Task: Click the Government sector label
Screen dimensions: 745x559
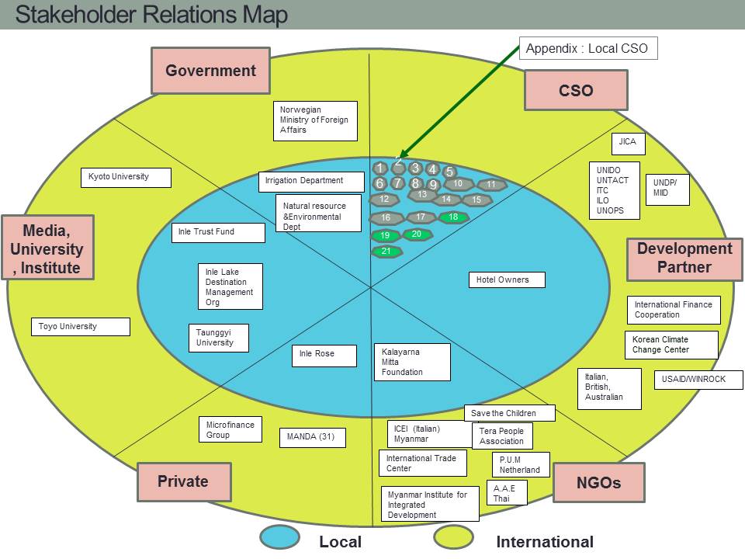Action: [x=210, y=71]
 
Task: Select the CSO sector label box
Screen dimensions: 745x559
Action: [x=576, y=90]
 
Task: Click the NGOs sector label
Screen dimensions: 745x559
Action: [x=598, y=482]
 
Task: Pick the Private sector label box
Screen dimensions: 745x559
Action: [x=185, y=481]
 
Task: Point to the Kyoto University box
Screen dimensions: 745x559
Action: [x=126, y=177]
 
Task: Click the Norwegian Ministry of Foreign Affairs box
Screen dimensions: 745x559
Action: [x=315, y=121]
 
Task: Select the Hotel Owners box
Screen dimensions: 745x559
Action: [x=507, y=280]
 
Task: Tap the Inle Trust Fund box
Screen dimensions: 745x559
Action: [x=218, y=232]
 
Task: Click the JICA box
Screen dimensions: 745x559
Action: [x=628, y=144]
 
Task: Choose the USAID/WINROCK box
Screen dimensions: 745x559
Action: [x=698, y=380]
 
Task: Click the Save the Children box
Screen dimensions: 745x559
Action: [x=509, y=413]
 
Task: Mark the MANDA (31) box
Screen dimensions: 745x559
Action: [x=312, y=437]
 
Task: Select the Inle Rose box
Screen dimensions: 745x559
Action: [x=324, y=356]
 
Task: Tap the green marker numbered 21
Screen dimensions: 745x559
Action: [x=386, y=251]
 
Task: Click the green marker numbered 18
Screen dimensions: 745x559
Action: [x=453, y=217]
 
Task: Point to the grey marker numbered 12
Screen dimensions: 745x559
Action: [x=384, y=200]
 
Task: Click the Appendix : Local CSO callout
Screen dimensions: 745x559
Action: [x=588, y=48]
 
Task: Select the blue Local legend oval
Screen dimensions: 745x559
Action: [x=280, y=537]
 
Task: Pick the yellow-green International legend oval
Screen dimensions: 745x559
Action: [x=454, y=536]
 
